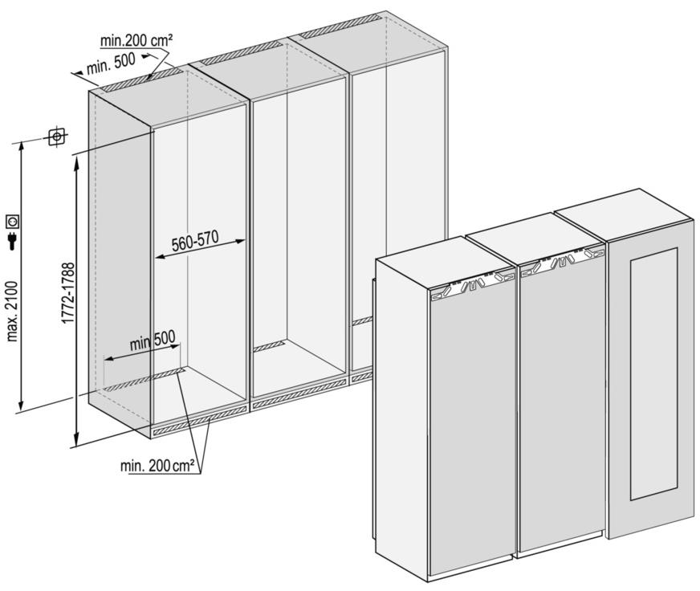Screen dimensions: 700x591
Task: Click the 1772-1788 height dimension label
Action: (68, 293)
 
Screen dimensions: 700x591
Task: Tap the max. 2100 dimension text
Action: (13, 312)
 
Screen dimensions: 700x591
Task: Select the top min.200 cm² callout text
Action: (136, 41)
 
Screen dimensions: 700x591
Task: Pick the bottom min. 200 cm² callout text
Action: (157, 466)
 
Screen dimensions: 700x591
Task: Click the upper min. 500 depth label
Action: (111, 64)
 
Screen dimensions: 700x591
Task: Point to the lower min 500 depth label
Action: (153, 341)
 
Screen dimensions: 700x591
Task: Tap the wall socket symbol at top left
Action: (57, 137)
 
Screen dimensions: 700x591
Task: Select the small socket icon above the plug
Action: (13, 221)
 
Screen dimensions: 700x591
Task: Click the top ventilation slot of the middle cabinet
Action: (241, 53)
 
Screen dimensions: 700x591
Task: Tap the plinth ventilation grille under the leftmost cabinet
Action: (200, 420)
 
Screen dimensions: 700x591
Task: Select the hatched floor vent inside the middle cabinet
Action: (269, 347)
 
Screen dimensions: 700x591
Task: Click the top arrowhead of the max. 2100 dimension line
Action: (20, 146)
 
